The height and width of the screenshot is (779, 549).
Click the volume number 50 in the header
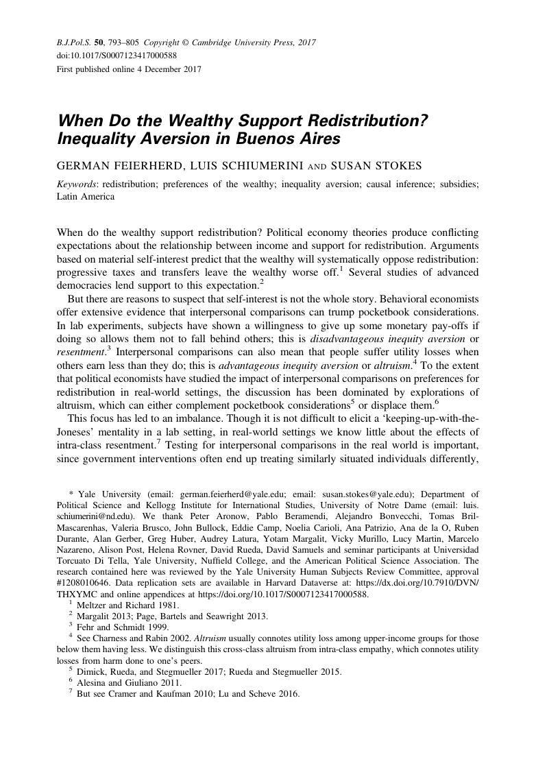coord(99,43)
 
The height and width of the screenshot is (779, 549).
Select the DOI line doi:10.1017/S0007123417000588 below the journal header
coord(117,56)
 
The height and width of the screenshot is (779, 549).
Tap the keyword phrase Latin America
coord(85,196)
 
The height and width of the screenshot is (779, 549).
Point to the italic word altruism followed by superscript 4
coord(391,365)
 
